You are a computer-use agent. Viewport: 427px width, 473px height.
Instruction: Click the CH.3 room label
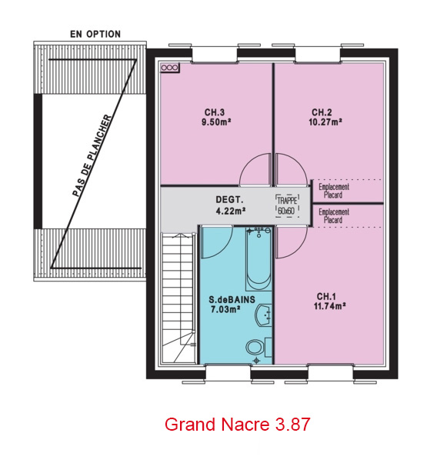[215, 112]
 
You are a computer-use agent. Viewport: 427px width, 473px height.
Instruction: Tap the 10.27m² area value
[325, 122]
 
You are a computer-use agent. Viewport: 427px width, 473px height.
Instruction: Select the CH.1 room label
[326, 296]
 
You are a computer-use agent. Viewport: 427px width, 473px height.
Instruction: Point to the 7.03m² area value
[225, 309]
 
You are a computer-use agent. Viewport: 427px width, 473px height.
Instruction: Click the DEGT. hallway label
[229, 200]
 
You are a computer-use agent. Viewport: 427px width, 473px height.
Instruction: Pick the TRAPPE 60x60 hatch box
[287, 206]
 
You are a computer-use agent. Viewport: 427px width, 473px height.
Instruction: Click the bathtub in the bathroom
[259, 259]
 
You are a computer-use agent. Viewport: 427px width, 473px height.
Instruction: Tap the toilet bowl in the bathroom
[255, 348]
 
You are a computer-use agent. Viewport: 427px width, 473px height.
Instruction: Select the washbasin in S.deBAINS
[263, 315]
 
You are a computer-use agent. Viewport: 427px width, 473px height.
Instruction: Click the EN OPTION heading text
[95, 34]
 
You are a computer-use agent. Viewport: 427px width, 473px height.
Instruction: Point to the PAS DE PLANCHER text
[92, 156]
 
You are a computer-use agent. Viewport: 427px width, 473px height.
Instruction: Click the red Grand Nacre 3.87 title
[237, 424]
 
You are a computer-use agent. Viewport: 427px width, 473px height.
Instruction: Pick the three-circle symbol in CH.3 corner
[169, 68]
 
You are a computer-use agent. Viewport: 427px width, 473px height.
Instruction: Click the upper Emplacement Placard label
[334, 191]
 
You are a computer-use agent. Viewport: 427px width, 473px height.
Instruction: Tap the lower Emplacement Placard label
[334, 215]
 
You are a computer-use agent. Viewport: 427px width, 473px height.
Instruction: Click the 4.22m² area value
[230, 211]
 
